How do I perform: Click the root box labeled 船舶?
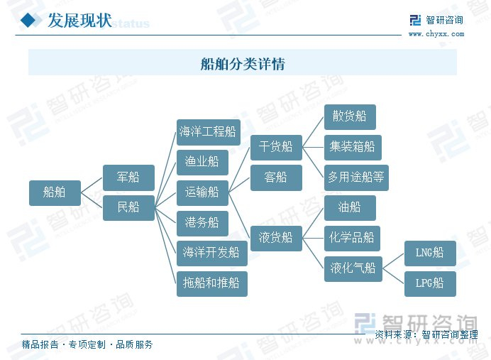55,192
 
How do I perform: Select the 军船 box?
128,177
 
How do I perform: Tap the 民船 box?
128,207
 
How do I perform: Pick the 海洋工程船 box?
208,132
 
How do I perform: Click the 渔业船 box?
202,162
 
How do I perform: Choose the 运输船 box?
202,192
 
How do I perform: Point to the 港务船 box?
202,223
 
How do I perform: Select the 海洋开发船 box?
211,253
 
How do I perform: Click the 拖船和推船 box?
211,283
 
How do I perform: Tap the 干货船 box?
276,147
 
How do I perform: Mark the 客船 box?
276,178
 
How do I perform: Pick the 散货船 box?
350,116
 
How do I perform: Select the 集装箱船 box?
353,148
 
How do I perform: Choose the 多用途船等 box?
356,178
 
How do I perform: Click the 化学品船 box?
353,238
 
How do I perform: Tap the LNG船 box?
430,253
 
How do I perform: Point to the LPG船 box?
430,283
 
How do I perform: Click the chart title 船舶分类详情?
243,64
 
